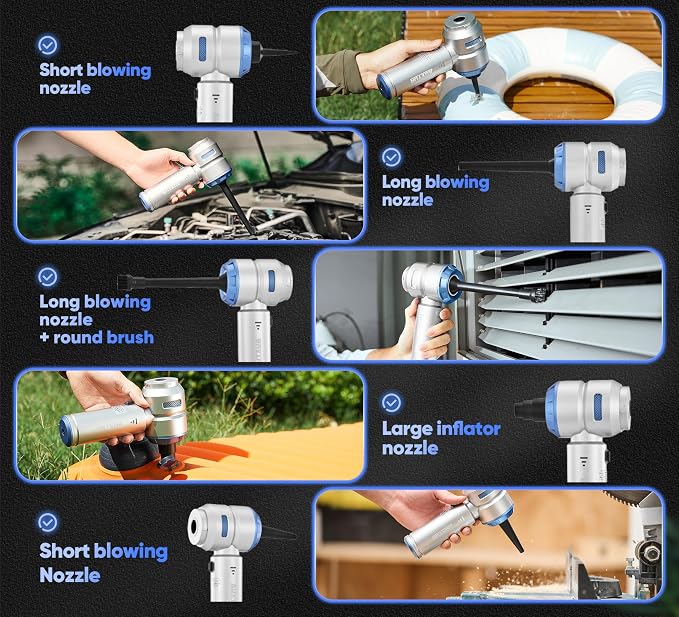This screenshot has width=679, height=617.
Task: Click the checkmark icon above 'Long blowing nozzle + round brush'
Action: pos(48,277)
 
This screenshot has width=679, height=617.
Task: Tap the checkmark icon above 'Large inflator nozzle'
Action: pos(391,402)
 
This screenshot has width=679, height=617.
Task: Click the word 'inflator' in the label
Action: pos(469,429)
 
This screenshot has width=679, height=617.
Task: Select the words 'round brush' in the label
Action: pos(103,337)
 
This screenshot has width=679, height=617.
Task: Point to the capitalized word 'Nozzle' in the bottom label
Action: pos(70,575)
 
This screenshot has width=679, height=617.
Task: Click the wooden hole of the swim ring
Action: pos(559,97)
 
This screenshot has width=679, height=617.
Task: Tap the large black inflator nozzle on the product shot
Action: pos(530,409)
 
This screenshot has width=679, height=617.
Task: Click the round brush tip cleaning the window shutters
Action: pos(538,295)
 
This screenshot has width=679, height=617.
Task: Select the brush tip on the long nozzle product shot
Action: pos(124,283)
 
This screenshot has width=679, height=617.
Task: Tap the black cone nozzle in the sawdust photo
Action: pos(509,537)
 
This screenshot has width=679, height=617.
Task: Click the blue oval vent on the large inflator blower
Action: pos(598,408)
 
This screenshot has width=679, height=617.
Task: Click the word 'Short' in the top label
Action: pos(61,70)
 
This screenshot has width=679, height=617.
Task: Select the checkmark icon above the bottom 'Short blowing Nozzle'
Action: pos(48,523)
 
